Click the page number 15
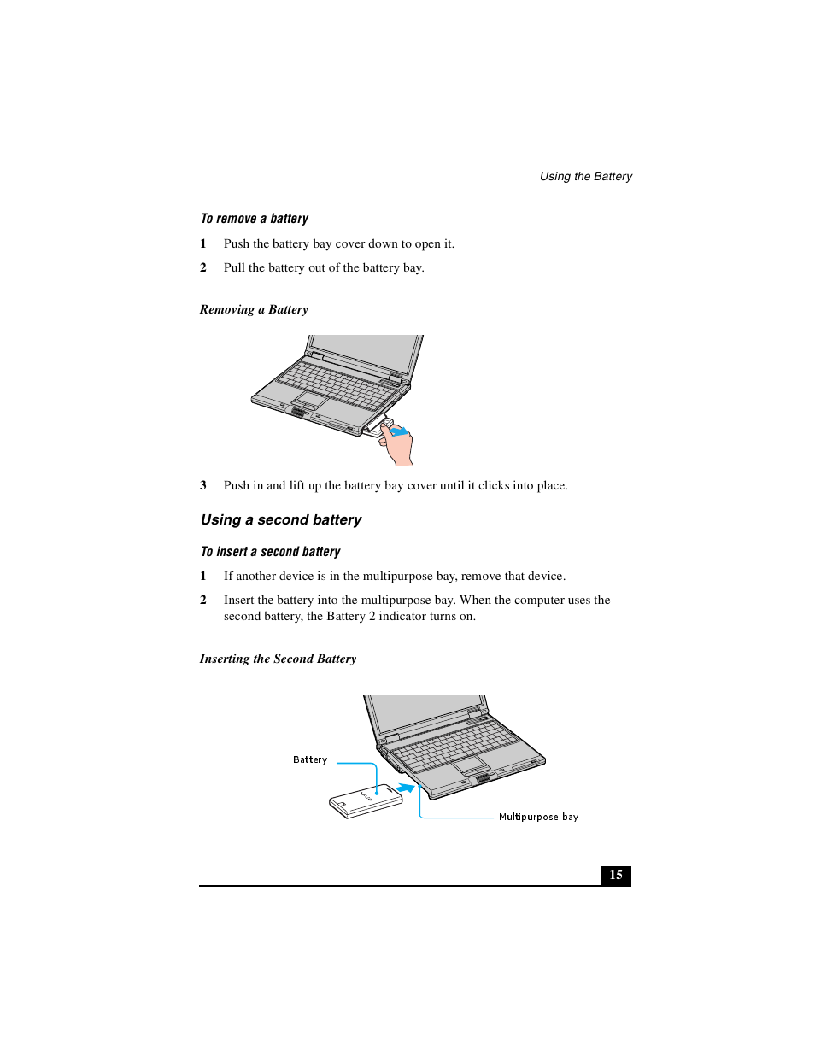tap(615, 875)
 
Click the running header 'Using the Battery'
tap(585, 176)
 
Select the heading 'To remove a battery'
tap(254, 219)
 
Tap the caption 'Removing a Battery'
tap(254, 309)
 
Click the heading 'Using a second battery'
tap(280, 519)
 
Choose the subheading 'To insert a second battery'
tap(270, 552)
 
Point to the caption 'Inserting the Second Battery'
tap(278, 659)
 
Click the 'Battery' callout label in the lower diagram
tap(309, 759)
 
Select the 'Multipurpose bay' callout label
tap(538, 817)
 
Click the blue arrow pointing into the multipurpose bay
tap(406, 788)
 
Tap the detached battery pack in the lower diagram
tap(366, 801)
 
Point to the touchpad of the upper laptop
tap(310, 400)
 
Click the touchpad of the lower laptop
tap(470, 763)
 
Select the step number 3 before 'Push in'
tap(203, 485)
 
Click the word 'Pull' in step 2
tap(234, 267)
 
